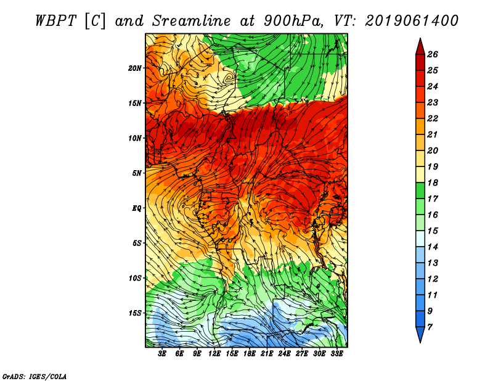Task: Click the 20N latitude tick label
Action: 134,68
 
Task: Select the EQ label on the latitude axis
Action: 136,208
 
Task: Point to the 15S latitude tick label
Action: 135,313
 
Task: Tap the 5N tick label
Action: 136,173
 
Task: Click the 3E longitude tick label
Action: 162,354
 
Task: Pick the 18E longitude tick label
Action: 250,354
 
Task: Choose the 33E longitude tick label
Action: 336,354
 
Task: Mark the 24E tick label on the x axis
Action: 284,354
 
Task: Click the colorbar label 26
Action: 433,54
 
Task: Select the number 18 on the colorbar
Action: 433,182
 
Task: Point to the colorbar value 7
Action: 430,327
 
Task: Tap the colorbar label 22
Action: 433,118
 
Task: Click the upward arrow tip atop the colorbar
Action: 420,38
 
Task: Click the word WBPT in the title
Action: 56,21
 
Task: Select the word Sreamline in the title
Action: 192,21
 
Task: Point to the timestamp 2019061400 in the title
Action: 412,21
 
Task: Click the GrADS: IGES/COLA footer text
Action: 35,376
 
